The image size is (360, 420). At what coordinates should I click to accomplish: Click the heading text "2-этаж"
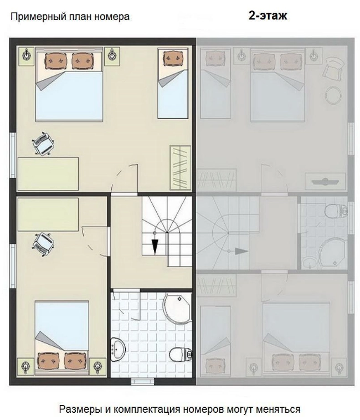point(268,16)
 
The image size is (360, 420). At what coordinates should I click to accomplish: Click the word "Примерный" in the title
point(39,17)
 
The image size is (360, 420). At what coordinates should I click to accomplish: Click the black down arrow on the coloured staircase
point(155,246)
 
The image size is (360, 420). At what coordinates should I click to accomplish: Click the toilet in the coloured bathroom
point(181,355)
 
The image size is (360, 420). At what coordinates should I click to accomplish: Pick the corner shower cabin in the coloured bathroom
point(177,308)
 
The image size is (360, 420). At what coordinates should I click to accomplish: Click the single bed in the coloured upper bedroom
point(173,83)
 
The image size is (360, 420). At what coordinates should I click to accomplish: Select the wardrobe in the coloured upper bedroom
point(181,168)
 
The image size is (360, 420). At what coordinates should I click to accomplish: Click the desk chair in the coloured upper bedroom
point(43,144)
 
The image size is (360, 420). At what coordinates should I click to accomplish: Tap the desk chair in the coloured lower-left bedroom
point(43,244)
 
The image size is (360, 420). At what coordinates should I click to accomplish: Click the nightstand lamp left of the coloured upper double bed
point(26,55)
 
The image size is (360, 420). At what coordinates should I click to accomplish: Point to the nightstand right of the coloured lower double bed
point(97,366)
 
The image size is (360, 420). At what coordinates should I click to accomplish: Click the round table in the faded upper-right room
point(333,95)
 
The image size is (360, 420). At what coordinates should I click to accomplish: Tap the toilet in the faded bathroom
point(336,210)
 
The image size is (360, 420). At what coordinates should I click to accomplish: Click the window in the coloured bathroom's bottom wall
point(142,381)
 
